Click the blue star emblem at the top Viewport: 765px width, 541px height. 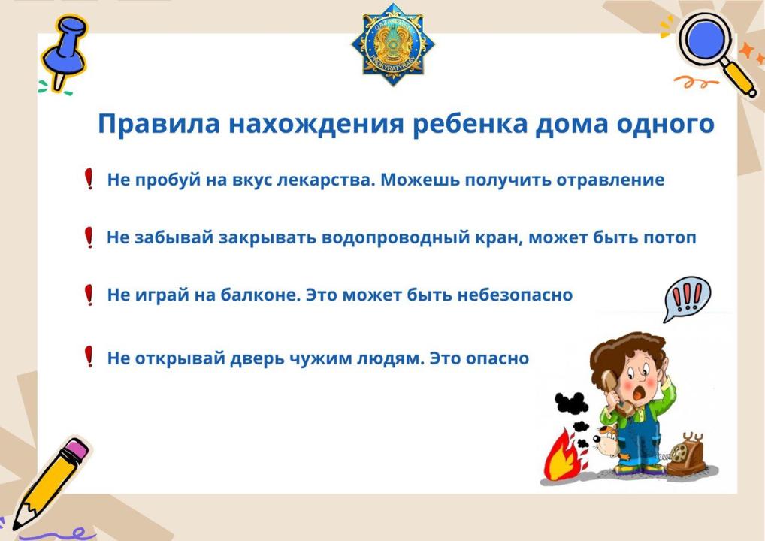tap(393, 44)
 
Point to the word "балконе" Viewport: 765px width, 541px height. tap(261, 295)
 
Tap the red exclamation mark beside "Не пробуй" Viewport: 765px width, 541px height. tap(89, 179)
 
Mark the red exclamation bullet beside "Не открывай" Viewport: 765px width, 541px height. tap(89, 357)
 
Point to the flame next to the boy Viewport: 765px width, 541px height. tap(564, 455)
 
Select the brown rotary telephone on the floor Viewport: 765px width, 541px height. tap(686, 455)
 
